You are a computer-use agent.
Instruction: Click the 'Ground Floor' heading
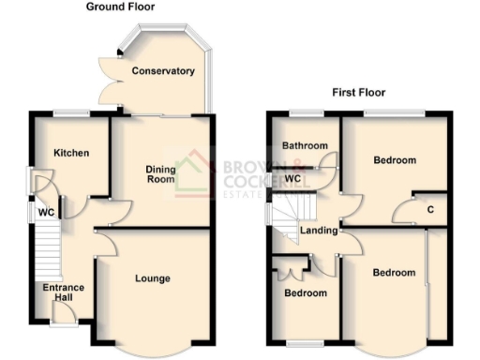tap(121, 7)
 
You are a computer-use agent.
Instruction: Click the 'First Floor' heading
tap(359, 93)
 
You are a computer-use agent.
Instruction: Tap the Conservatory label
tap(163, 71)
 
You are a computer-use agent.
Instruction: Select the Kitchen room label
tap(70, 152)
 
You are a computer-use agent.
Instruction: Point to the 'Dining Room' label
tap(160, 174)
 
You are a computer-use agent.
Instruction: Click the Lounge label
tap(152, 278)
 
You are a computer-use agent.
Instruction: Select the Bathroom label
tap(306, 146)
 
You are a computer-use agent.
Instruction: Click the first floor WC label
tap(292, 178)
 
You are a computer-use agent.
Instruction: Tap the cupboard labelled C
tap(430, 208)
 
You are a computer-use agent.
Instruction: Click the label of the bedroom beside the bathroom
tap(394, 160)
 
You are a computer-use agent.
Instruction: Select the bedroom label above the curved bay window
tap(393, 273)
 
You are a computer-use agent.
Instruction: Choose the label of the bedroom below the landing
tap(306, 293)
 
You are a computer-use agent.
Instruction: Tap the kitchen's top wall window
tap(70, 113)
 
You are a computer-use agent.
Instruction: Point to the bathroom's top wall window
tap(305, 113)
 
